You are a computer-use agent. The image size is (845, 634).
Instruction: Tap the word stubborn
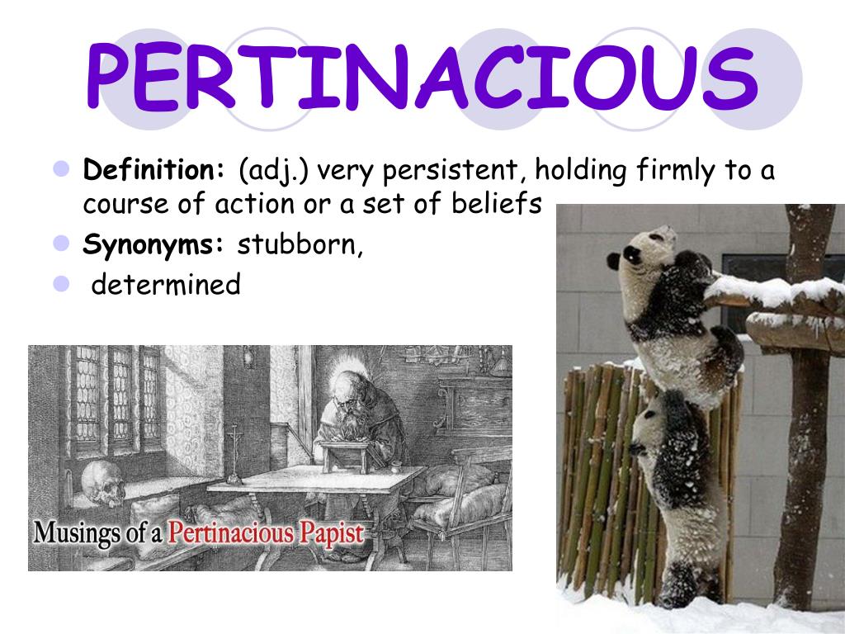click(x=300, y=245)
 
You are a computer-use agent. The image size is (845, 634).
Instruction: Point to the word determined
click(x=166, y=285)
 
